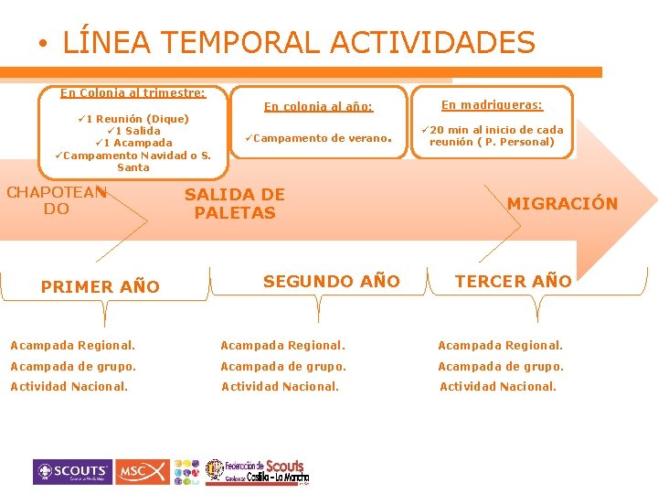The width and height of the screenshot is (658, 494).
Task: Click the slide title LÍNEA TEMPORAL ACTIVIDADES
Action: [298, 42]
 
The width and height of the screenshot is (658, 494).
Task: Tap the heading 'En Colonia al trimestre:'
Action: [133, 92]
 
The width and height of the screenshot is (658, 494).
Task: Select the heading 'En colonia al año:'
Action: [318, 106]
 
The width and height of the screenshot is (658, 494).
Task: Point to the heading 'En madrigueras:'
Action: [493, 105]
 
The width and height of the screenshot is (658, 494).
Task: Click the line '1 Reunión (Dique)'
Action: [133, 118]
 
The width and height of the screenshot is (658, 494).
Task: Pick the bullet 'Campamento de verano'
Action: [319, 139]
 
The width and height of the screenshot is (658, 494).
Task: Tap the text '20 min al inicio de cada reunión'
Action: [493, 135]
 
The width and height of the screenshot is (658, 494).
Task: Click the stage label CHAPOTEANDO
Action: [57, 200]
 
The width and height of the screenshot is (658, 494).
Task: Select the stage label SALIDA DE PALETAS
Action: [234, 203]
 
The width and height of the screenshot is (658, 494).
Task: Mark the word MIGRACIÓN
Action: [562, 203]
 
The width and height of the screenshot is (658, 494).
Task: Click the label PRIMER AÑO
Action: [101, 286]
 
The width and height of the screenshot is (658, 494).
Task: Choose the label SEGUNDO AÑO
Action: [331, 281]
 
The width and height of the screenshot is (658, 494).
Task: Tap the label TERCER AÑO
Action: [513, 281]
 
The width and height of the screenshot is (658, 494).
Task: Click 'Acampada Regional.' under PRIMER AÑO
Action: [72, 345]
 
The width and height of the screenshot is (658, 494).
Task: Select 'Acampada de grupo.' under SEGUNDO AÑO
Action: [283, 366]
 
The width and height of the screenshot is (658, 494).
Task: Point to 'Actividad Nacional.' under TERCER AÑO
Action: [497, 386]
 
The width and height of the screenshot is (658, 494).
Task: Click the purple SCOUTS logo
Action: [73, 472]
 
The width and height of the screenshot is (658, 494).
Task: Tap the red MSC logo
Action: [143, 472]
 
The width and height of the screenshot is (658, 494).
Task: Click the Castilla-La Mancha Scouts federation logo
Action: [257, 471]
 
